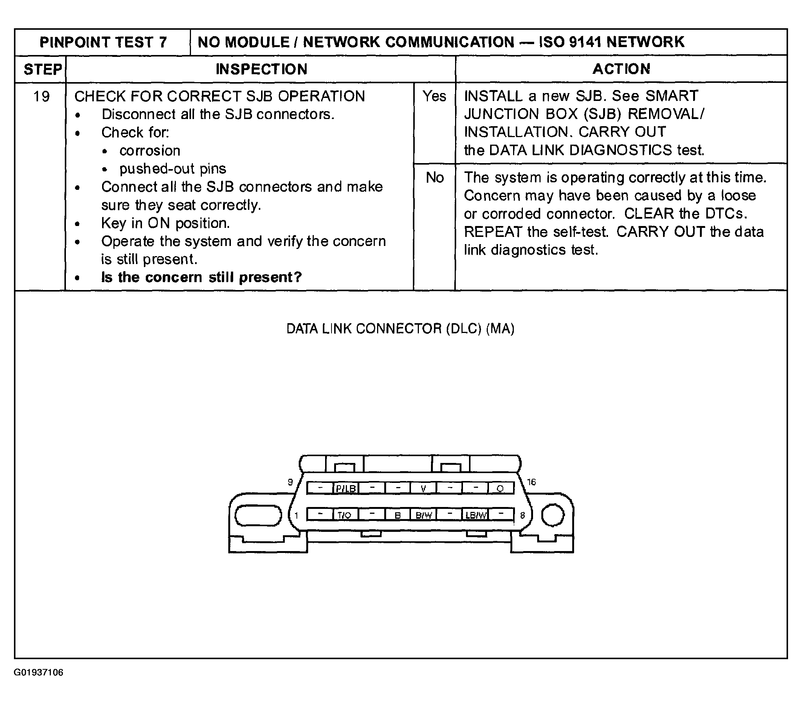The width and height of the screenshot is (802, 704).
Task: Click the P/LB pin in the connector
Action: coord(346,488)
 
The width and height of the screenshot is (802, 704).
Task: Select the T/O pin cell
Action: coord(345,515)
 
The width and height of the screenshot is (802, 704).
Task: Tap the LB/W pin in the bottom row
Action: coord(475,515)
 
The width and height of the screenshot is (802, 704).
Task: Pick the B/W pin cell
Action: coord(423,515)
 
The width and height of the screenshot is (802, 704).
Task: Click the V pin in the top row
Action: coord(423,488)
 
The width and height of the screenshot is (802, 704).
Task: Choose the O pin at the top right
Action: coord(500,488)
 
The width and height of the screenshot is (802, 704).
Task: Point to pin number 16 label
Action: coord(531,482)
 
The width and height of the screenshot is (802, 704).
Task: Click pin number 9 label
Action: coord(290,482)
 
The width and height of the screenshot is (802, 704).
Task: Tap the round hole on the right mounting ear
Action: coord(553,515)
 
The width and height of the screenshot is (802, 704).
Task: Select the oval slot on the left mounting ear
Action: coord(258,515)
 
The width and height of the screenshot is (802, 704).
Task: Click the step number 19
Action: coord(41,96)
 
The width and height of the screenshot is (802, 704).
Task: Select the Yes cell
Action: coord(434,96)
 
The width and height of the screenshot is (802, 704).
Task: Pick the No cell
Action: coord(435,178)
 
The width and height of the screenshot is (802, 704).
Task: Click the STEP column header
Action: coord(42,69)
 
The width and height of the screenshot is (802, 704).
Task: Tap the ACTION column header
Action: coord(621,69)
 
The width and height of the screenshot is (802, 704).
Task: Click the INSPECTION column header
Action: coord(261,69)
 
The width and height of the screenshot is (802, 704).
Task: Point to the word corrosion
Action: coord(150,151)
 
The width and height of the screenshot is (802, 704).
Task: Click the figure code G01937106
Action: coord(38,673)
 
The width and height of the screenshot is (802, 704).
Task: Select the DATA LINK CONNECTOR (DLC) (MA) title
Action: coord(400,329)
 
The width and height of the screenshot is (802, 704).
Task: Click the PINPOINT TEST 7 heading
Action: coord(103,42)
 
